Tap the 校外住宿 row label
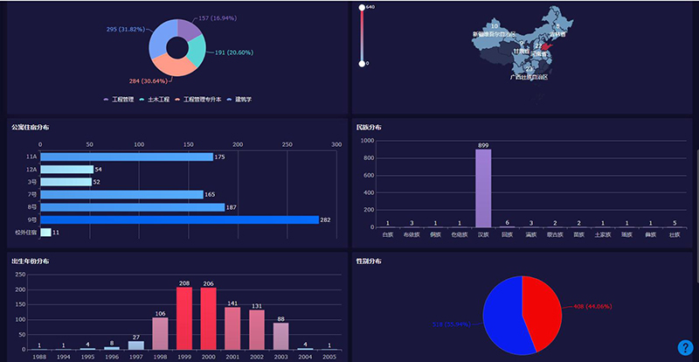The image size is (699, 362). click(25, 233)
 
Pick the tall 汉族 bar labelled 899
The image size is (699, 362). click(483, 188)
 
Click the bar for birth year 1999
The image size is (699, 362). click(184, 318)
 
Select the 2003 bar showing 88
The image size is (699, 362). click(280, 337)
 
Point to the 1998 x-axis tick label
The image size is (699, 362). click(160, 356)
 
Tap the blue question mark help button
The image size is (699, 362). click(685, 347)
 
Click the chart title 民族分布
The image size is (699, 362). click(369, 128)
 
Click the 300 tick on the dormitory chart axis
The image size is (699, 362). click(336, 144)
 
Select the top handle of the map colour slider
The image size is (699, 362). click(362, 8)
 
